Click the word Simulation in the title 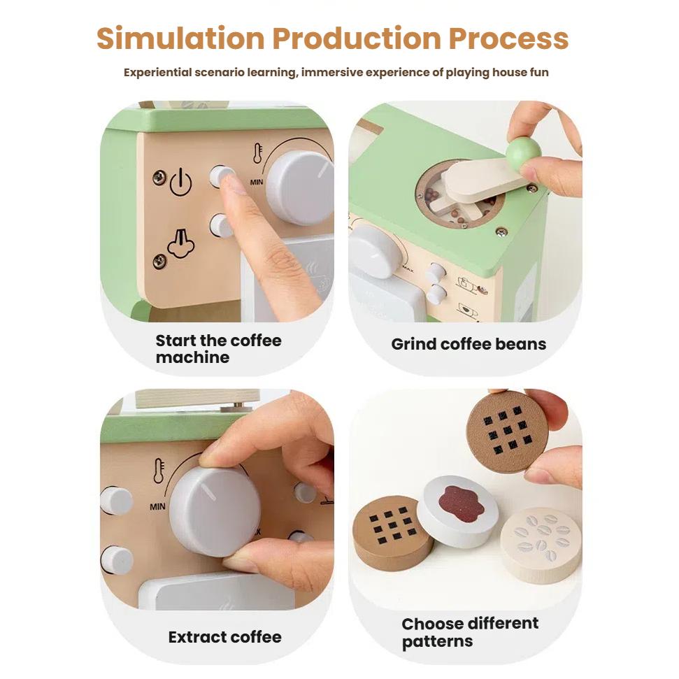(x=180, y=39)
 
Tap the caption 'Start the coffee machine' (x=218, y=349)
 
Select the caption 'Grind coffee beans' (x=469, y=344)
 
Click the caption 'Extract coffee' (x=224, y=637)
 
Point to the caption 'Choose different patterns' (x=469, y=632)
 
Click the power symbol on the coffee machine (x=180, y=182)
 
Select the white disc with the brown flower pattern (x=457, y=510)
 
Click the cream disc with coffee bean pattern (x=541, y=543)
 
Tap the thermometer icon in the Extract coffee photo (x=159, y=471)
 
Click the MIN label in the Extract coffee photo (x=157, y=506)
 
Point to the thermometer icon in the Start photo (x=257, y=153)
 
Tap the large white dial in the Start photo (x=299, y=187)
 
